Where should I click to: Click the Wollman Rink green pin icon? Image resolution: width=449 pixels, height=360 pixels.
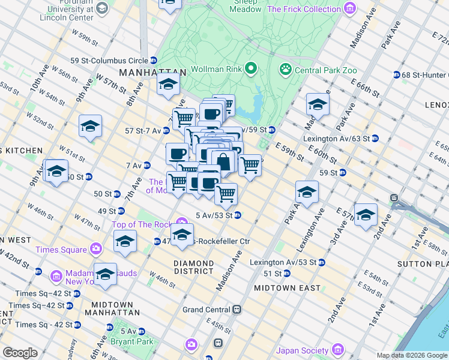(251, 70)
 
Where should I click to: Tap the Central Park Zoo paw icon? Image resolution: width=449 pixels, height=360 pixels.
(285, 70)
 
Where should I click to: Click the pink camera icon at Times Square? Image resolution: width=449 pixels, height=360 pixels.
(96, 248)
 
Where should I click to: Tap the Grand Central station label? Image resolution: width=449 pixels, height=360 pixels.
(207, 310)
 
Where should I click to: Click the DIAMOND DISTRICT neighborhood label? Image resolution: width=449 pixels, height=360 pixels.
(193, 268)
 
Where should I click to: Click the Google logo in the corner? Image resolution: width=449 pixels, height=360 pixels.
(20, 353)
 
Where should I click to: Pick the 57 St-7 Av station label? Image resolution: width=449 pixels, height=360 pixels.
(139, 130)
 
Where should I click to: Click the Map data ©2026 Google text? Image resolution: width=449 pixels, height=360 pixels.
(412, 355)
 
